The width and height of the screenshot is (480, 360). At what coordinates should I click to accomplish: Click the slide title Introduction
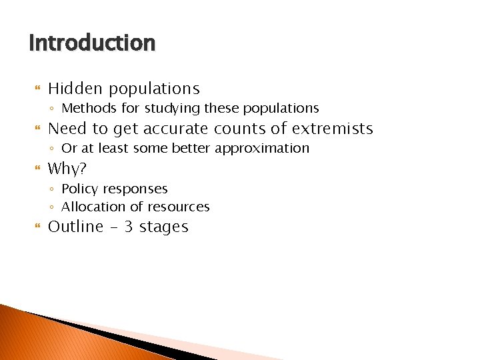[x=92, y=43]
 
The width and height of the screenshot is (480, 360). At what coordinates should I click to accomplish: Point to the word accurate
[x=171, y=129]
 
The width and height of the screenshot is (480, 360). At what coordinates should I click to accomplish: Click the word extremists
[x=333, y=128]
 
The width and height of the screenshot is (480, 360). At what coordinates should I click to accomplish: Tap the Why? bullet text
[x=67, y=168]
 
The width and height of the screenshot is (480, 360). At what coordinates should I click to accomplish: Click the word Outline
[x=75, y=227]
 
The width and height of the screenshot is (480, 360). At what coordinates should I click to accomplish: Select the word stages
[x=164, y=227]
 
